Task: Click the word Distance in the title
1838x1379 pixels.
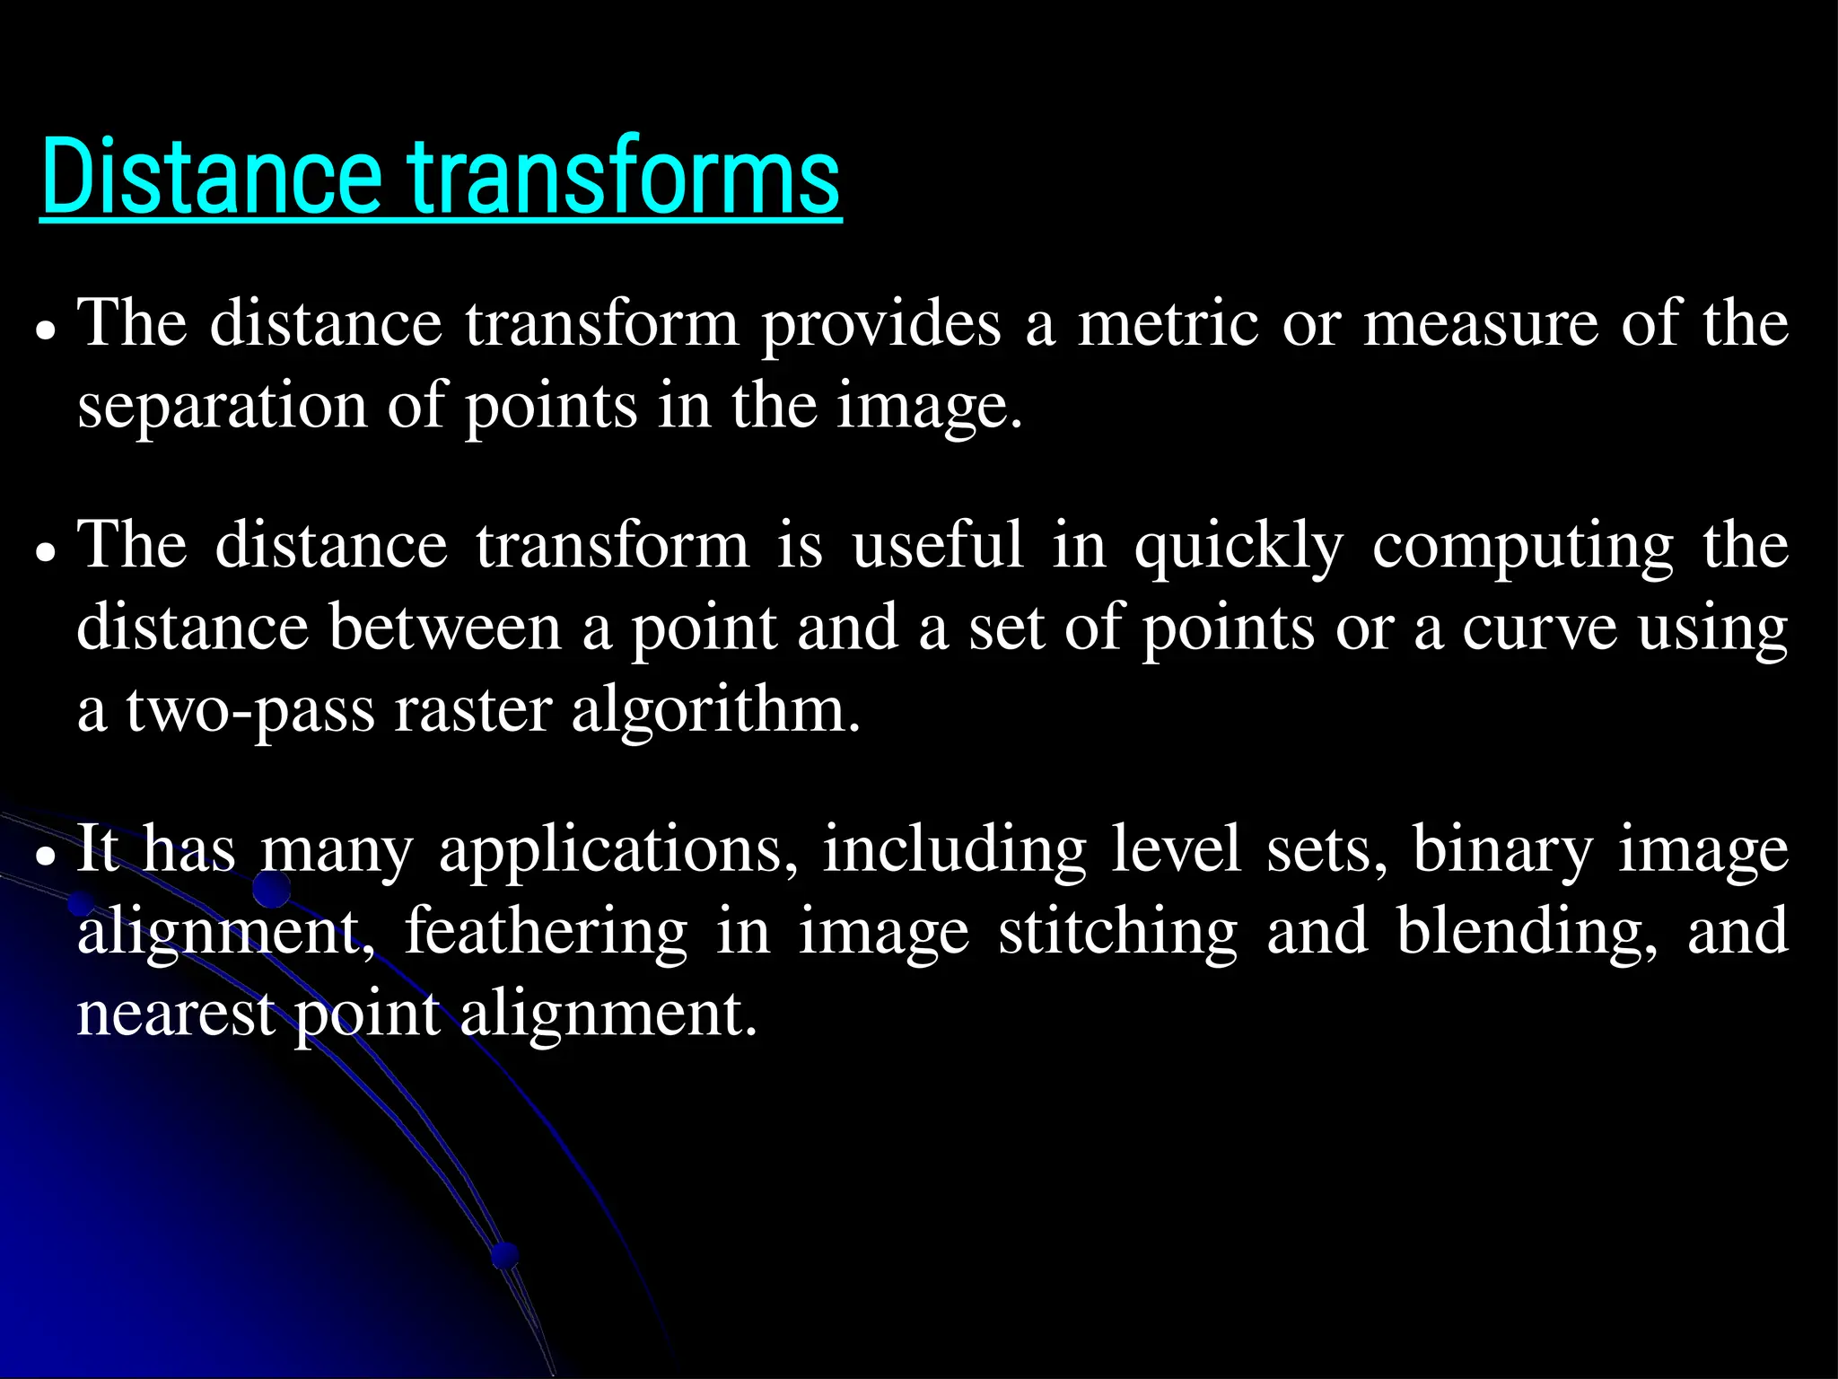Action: (x=212, y=176)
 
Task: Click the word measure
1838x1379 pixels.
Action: (x=1481, y=323)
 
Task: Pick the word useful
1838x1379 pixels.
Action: (x=938, y=545)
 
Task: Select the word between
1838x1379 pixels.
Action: (x=445, y=628)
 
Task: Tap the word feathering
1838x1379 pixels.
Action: (x=547, y=932)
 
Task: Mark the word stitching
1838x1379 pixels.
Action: (x=1118, y=932)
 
